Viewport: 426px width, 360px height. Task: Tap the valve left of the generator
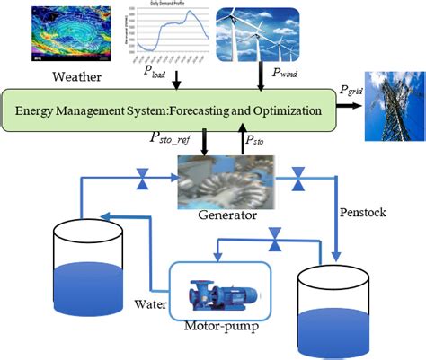pyautogui.click(x=141, y=183)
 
